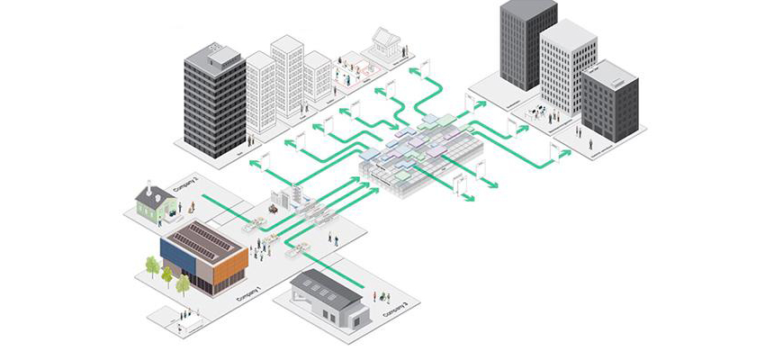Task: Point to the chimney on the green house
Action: pos(148,185)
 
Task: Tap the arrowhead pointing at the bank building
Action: pos(413,69)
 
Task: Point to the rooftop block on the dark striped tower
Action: pos(224,56)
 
